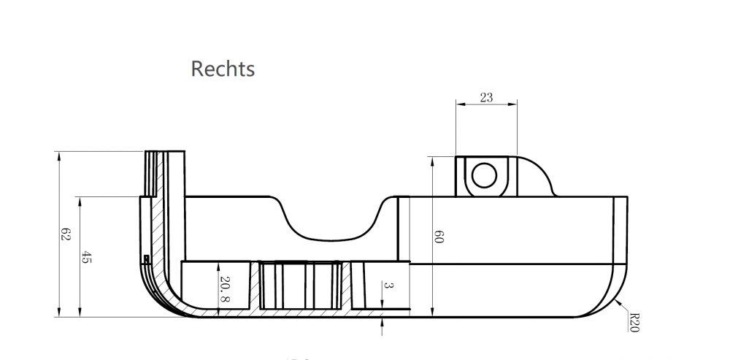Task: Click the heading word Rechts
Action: click(x=223, y=69)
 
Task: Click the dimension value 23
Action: click(x=486, y=97)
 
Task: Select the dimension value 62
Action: click(x=65, y=234)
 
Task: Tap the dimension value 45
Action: click(x=85, y=256)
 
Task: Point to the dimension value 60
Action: click(x=439, y=237)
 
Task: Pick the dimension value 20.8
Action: click(x=224, y=288)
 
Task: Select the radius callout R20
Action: click(x=633, y=322)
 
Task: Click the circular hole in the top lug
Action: click(x=484, y=175)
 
